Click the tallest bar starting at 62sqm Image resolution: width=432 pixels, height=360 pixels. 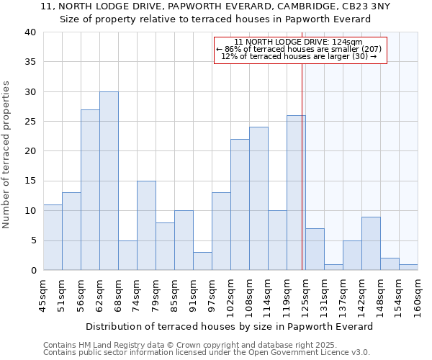pos(109,181)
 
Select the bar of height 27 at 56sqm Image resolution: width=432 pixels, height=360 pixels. pos(90,190)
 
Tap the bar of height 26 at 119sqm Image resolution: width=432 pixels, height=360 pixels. pos(296,193)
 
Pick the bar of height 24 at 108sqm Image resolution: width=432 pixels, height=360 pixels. pos(258,199)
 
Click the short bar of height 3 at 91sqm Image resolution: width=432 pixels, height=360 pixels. pos(202,261)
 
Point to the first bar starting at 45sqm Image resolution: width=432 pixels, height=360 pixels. pos(53,238)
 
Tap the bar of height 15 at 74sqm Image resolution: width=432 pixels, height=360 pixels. pos(146,225)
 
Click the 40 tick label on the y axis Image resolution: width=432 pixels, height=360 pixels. pos(30,32)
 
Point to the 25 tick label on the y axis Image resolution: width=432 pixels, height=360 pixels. pos(30,122)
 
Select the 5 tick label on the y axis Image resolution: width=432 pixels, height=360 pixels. pos(32,240)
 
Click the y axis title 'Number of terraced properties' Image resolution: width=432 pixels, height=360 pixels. pos(7,154)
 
